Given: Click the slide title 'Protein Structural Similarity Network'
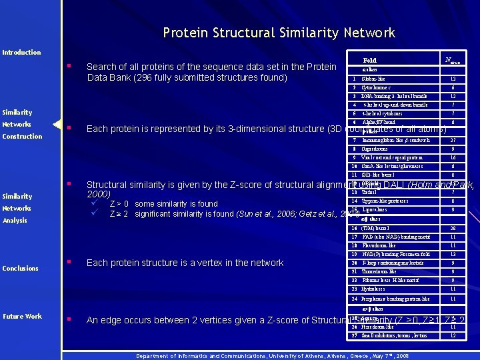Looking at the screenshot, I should [279, 33].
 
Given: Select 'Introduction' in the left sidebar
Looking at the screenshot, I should [21, 52].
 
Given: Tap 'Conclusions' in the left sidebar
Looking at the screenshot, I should [20, 269].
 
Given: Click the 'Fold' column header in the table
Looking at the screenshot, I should [369, 60].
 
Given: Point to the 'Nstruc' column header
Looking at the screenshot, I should [453, 60].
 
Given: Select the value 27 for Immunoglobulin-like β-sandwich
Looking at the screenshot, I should [453, 141].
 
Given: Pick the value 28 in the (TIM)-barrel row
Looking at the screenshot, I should [453, 228].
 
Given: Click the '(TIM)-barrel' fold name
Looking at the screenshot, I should [377, 228].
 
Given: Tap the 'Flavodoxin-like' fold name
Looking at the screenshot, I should [379, 245].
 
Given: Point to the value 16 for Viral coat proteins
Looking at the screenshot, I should [453, 158].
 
